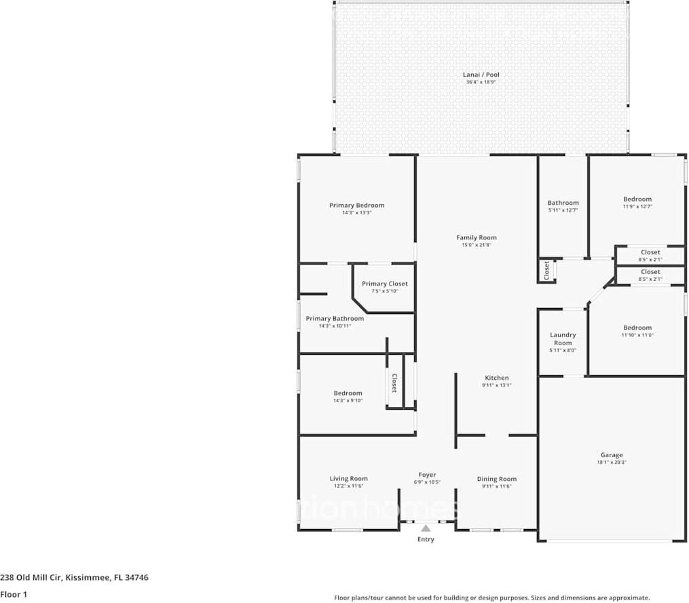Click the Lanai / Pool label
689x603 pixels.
coord(483,75)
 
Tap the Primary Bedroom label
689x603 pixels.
coord(356,206)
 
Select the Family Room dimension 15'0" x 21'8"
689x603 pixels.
coord(476,245)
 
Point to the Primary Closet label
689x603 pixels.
coord(384,284)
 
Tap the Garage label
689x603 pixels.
coord(611,455)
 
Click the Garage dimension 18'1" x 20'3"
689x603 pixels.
coord(611,463)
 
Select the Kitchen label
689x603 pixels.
coord(496,378)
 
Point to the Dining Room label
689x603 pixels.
coord(496,479)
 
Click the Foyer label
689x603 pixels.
coord(427,475)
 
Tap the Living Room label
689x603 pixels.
coord(348,478)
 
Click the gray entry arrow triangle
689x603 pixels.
coord(426,528)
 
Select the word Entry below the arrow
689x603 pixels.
coord(426,539)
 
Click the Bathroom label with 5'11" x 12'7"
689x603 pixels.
coord(563,203)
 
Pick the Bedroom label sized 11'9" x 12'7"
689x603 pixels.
coord(637,199)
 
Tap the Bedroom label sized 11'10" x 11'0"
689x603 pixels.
coord(637,328)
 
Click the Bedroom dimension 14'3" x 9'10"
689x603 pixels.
coord(348,400)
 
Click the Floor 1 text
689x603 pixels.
coord(14,595)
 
